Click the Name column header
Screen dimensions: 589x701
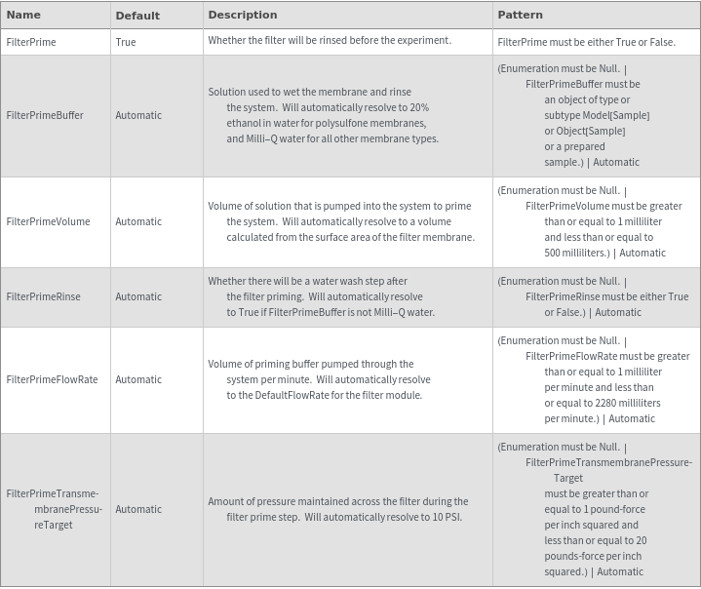[x=23, y=15]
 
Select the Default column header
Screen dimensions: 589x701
[x=137, y=16]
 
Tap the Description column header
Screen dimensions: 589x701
[x=243, y=15]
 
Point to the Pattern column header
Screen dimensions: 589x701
[x=521, y=15]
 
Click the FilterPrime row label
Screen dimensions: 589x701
[x=31, y=42]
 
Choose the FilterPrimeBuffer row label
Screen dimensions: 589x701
[x=45, y=115]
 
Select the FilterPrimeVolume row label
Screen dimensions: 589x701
[x=48, y=221]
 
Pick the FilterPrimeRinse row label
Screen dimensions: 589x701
[x=44, y=296]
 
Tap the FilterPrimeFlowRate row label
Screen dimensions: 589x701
[x=52, y=379]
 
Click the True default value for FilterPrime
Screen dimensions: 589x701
[x=126, y=42]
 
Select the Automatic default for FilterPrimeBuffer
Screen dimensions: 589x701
[x=138, y=115]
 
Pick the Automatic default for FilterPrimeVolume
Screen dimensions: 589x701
[x=138, y=221]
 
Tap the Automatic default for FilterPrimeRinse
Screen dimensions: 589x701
[x=138, y=296]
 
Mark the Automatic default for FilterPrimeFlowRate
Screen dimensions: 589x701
[x=138, y=379]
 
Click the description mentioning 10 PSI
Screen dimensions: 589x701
[x=337, y=509]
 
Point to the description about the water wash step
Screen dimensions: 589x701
[x=322, y=296]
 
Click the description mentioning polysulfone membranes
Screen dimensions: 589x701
[x=323, y=115]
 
